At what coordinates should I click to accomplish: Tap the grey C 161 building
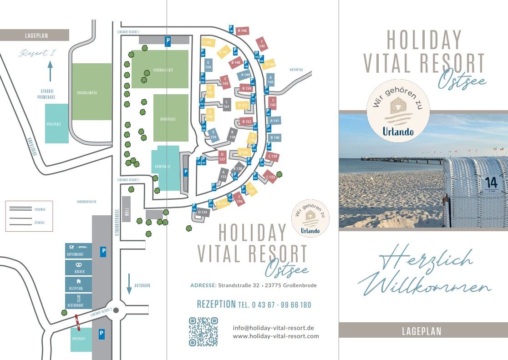(x=226, y=105)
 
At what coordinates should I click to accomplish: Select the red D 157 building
(x=222, y=157)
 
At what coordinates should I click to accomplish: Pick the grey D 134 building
(x=203, y=212)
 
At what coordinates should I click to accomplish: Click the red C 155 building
(x=270, y=177)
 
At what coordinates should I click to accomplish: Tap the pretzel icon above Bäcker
(x=79, y=264)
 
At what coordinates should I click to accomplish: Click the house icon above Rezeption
(x=79, y=281)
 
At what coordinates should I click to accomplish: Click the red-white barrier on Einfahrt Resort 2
(x=77, y=322)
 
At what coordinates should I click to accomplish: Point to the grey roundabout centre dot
(x=116, y=310)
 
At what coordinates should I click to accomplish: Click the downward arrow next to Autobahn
(x=129, y=284)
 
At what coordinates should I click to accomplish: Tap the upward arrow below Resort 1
(x=50, y=71)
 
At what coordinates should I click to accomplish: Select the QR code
(x=203, y=332)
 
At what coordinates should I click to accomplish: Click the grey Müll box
(x=127, y=209)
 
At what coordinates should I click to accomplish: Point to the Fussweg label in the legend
(x=40, y=209)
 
